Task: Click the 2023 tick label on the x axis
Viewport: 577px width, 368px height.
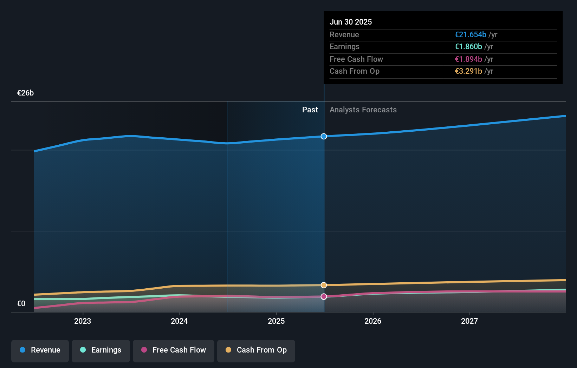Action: point(83,321)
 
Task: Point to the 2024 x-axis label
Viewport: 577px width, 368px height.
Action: point(179,321)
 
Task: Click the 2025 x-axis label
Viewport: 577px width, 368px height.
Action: point(276,321)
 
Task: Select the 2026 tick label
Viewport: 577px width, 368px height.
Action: point(373,321)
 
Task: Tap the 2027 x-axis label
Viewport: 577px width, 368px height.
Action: point(469,321)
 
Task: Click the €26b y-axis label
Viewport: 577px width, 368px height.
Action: point(25,93)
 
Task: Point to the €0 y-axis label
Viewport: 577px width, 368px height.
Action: point(21,304)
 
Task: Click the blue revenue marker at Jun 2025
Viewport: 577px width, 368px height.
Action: point(324,136)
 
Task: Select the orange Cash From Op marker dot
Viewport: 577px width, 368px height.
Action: point(324,285)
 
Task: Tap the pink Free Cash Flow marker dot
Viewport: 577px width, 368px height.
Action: point(324,297)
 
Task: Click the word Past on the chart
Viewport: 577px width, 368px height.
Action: point(310,110)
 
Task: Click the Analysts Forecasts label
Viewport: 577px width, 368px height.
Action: point(363,110)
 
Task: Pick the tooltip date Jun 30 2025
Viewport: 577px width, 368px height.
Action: point(350,22)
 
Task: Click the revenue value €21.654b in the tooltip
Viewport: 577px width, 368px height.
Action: point(470,35)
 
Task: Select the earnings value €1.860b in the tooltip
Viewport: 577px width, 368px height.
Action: point(468,47)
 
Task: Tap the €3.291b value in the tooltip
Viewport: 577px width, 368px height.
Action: point(468,71)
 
